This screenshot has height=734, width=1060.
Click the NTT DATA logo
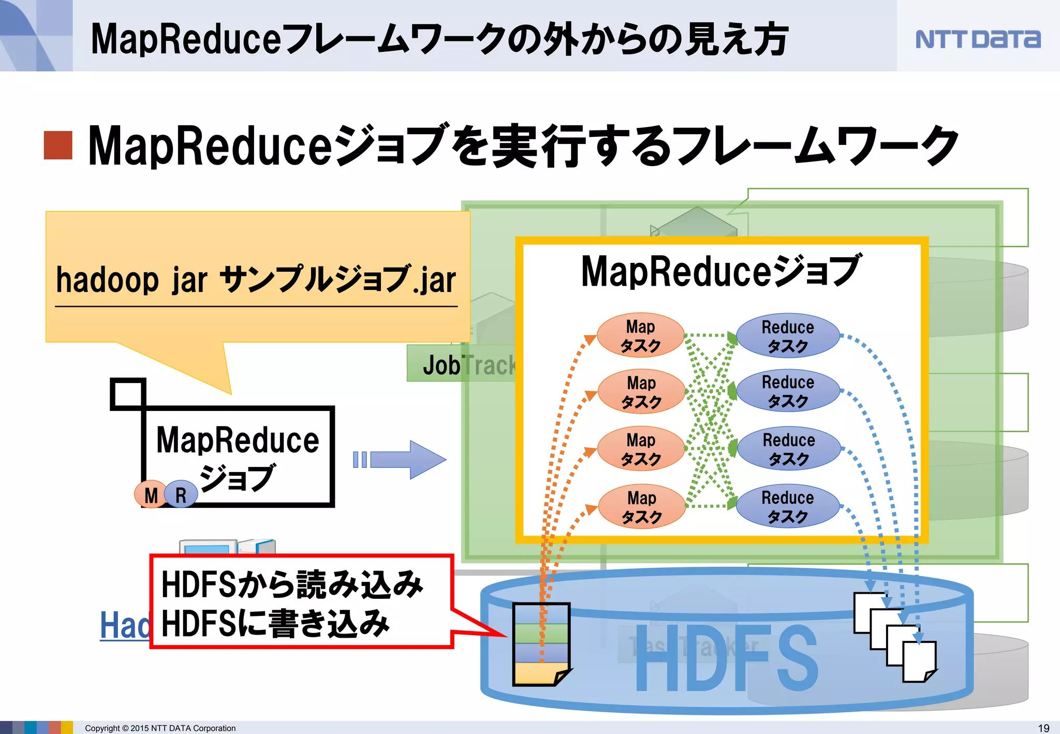(x=977, y=39)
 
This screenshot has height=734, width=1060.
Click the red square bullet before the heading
(x=57, y=145)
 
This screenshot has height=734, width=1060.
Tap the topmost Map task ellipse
(x=641, y=335)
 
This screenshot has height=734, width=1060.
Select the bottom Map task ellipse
(x=642, y=507)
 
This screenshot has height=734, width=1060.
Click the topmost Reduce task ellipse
(x=787, y=335)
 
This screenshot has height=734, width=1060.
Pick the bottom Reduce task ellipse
(x=787, y=506)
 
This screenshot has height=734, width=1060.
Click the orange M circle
(x=151, y=495)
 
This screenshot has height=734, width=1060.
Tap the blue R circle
(x=181, y=495)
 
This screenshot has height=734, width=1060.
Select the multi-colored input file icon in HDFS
(x=541, y=644)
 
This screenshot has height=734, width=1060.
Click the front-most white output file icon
(x=919, y=662)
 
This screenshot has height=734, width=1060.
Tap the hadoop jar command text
(x=256, y=280)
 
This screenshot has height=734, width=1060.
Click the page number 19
(x=1043, y=728)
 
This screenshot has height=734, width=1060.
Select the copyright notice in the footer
(x=160, y=728)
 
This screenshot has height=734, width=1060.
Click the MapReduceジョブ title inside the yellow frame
(x=721, y=271)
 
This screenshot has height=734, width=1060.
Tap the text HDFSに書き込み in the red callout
(x=275, y=624)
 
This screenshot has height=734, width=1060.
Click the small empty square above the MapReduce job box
(x=128, y=394)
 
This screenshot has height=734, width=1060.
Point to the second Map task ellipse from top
(x=641, y=391)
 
